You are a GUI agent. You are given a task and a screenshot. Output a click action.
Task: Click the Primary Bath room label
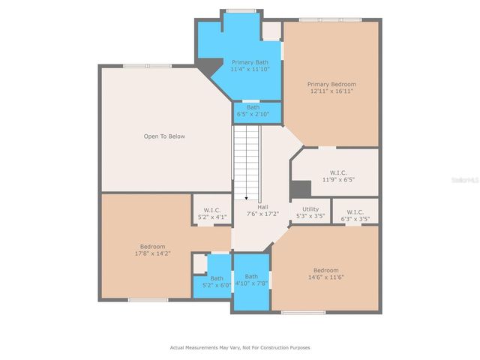pyautogui.click(x=250, y=62)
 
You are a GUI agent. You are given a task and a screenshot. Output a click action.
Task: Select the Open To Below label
pyautogui.click(x=164, y=136)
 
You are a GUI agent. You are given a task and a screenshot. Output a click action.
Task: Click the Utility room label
pyautogui.click(x=310, y=209)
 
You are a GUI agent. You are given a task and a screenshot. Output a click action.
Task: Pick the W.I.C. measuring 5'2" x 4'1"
pyautogui.click(x=212, y=214)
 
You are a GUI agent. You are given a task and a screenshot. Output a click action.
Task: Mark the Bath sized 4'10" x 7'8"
pyautogui.click(x=251, y=280)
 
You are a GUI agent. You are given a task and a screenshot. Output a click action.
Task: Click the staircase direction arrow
pyautogui.click(x=246, y=196)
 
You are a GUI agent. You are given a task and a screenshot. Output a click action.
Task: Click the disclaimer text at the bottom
pyautogui.click(x=240, y=347)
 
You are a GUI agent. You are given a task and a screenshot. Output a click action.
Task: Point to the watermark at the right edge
pyautogui.click(x=468, y=180)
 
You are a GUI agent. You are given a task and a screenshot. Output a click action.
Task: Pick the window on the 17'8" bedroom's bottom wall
pyautogui.click(x=148, y=300)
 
